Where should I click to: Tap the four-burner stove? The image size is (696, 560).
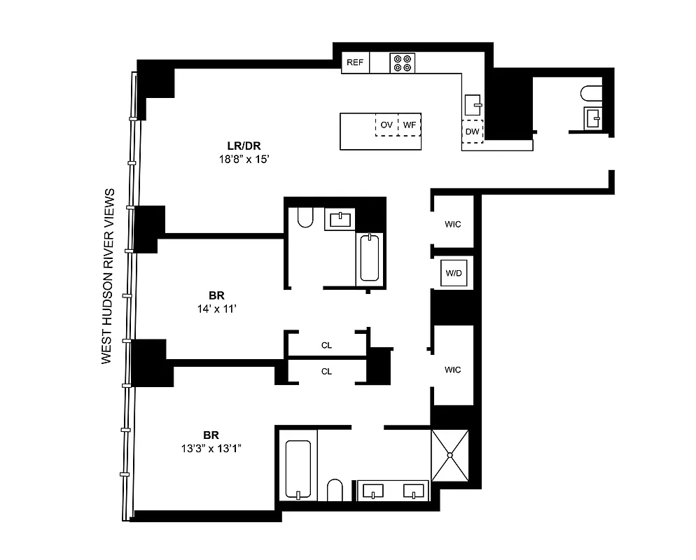(x=403, y=63)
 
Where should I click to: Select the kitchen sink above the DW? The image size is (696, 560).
(x=473, y=105)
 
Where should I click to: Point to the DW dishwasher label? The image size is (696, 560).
(x=472, y=132)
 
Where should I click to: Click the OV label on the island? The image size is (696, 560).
(x=386, y=125)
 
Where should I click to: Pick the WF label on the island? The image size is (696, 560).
(x=410, y=125)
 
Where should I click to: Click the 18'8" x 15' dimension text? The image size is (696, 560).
(x=244, y=160)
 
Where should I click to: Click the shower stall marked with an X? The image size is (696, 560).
(x=450, y=455)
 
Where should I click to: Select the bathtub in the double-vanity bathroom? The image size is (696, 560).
(x=298, y=470)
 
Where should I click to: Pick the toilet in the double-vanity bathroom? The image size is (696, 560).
(x=335, y=490)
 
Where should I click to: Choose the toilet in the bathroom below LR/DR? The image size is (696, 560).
(x=305, y=218)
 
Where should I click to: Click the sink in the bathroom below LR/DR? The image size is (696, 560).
(x=340, y=219)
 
